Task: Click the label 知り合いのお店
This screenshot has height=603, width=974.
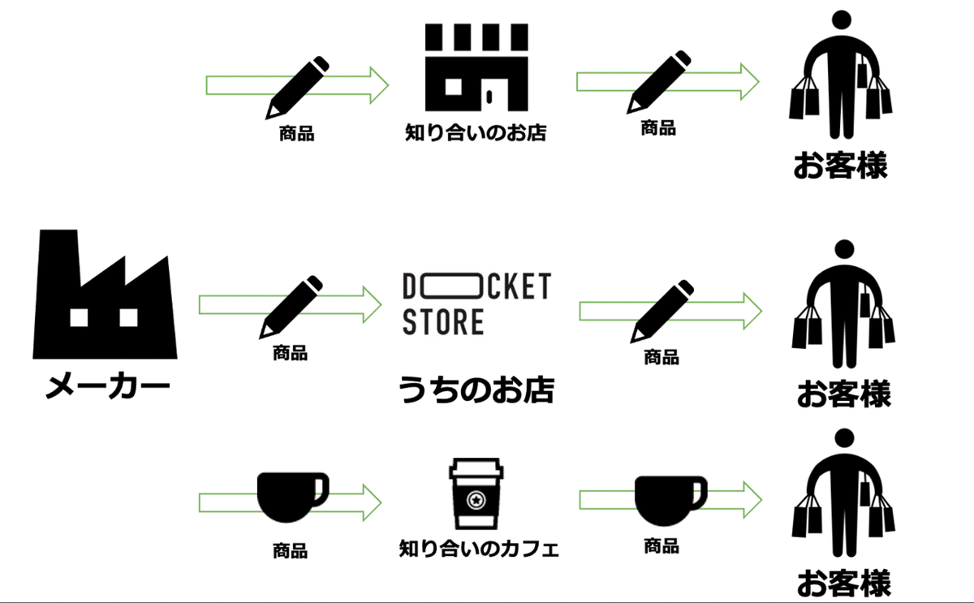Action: (x=476, y=132)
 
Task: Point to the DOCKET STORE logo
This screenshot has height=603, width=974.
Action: (x=476, y=304)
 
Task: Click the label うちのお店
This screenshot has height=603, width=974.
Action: (x=476, y=390)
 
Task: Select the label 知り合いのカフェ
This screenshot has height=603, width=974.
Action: (x=479, y=549)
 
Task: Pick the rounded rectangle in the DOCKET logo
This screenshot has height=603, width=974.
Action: (x=457, y=286)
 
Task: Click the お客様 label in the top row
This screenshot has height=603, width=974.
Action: (x=840, y=163)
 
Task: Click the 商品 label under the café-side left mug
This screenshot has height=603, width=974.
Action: (x=290, y=552)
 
